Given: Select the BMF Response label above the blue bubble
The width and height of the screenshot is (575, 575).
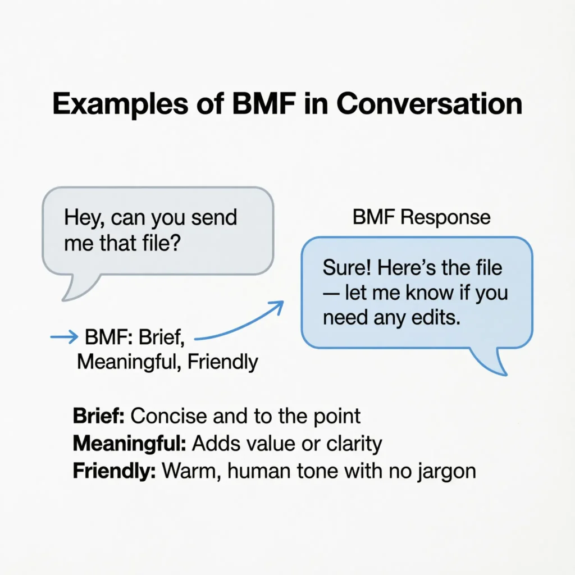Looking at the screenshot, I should [x=421, y=218].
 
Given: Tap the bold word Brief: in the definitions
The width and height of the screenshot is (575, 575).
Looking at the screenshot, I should [x=101, y=416].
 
